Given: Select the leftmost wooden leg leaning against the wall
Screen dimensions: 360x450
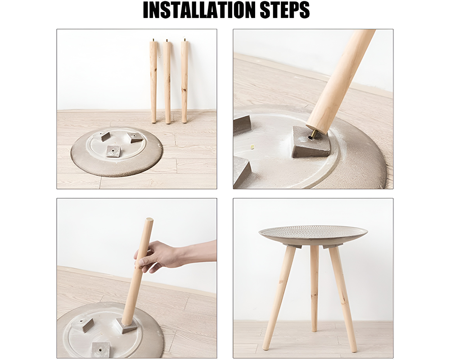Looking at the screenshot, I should coord(153,81).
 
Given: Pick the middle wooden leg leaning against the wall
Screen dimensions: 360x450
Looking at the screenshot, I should coord(167,81).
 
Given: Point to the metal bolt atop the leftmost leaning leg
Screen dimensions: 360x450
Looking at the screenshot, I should coord(153,40).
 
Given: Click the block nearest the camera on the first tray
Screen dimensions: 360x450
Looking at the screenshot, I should coord(113,151).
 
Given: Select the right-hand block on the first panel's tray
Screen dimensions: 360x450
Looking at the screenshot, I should coord(135,137).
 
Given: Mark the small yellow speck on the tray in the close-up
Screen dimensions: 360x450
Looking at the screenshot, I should coord(252,147).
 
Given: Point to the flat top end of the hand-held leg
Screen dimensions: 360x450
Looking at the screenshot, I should coord(148,220).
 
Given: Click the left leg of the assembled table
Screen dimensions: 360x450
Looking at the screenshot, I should coord(279,297).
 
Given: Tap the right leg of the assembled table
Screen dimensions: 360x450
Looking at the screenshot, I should coord(343,297).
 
